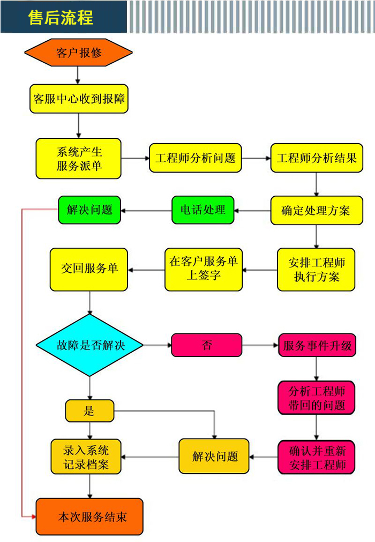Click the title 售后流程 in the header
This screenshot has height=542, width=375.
[x=61, y=18]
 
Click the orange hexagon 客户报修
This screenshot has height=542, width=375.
[x=78, y=53]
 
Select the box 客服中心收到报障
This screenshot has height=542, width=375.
[x=79, y=99]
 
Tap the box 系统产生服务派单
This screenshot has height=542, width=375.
[x=79, y=158]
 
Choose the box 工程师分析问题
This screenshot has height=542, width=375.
[x=195, y=158]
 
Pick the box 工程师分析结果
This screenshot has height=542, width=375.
[x=317, y=158]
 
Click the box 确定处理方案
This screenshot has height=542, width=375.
[x=317, y=210]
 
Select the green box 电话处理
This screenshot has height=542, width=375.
[x=203, y=210]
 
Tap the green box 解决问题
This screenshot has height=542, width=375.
[x=89, y=210]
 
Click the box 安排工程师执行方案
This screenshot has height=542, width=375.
[x=316, y=270]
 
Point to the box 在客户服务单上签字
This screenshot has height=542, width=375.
[x=203, y=269]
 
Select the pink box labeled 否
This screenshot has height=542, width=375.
[x=206, y=345]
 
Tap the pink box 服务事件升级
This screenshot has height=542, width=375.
[x=317, y=345]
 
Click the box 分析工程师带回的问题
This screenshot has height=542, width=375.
[x=316, y=397]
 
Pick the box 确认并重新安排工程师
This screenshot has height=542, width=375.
[x=316, y=457]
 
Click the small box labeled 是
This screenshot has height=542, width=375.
[x=89, y=411]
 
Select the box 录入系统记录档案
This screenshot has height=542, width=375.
[x=86, y=457]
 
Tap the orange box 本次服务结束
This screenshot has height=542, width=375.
[x=89, y=517]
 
